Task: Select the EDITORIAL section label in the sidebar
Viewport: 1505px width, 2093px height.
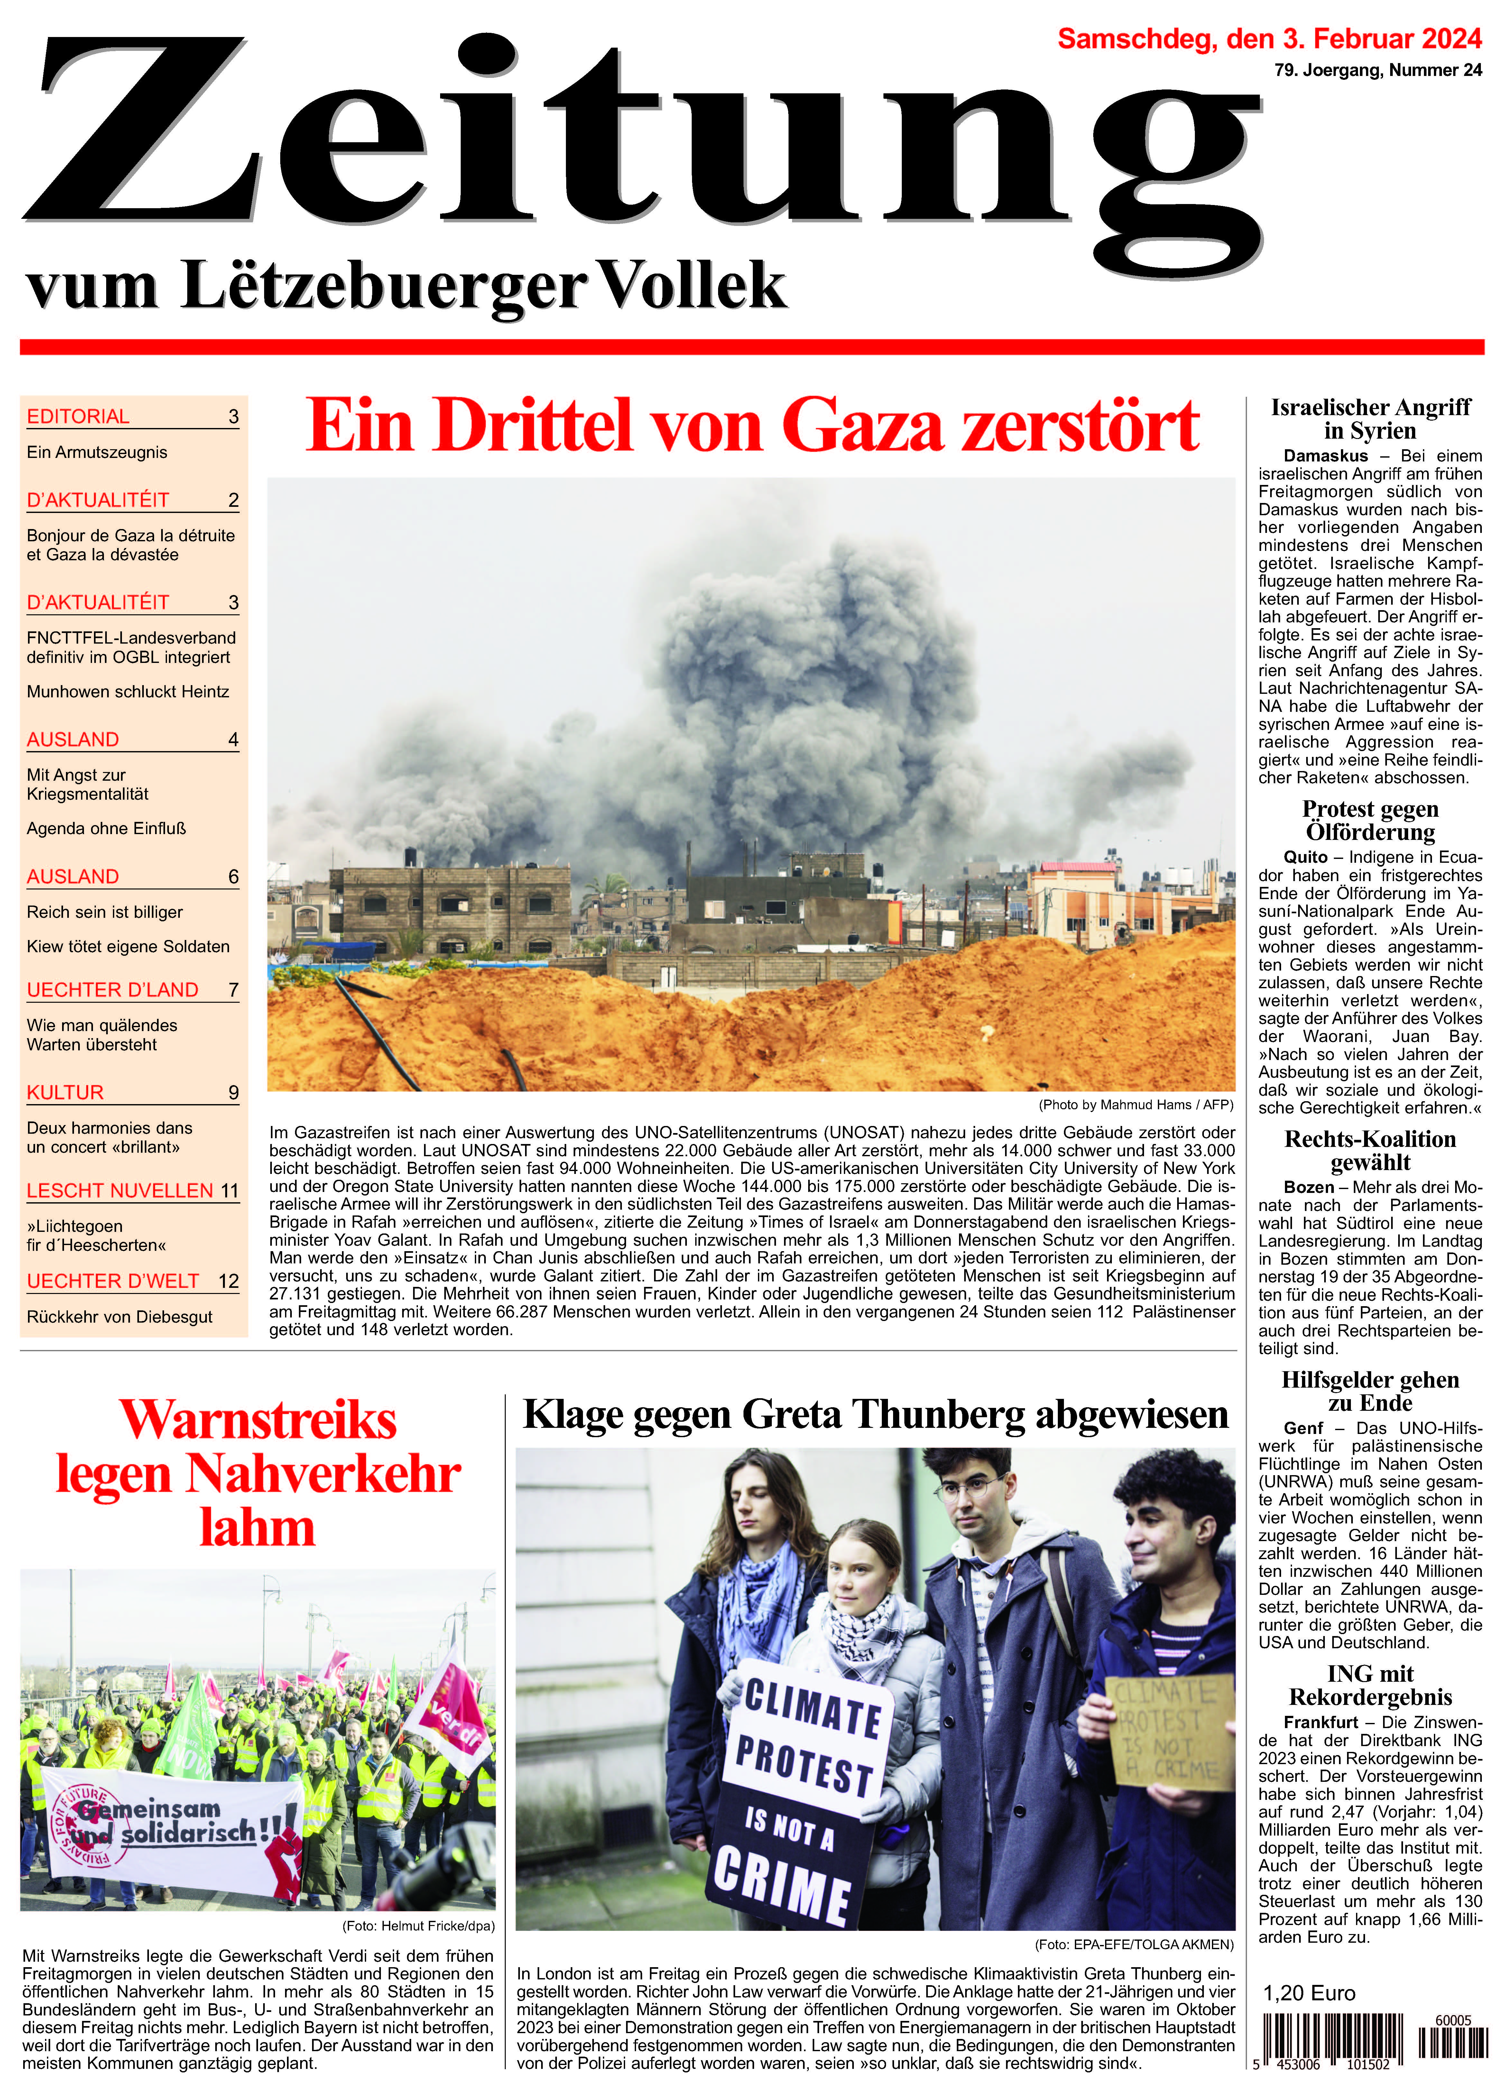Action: coord(78,416)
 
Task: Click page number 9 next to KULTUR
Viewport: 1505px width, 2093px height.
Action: coord(234,1093)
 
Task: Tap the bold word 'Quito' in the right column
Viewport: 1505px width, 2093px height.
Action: coord(1305,857)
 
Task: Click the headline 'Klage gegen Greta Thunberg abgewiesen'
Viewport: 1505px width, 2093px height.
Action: coord(875,1415)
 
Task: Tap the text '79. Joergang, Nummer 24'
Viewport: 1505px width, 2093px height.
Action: coord(1378,70)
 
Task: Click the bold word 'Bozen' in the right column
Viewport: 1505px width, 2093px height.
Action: coord(1308,1188)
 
